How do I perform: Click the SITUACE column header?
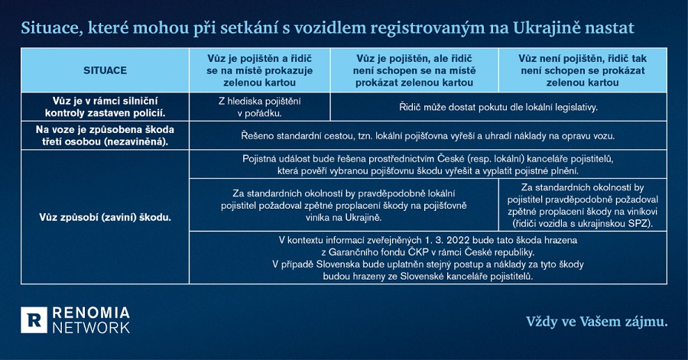click(x=105, y=70)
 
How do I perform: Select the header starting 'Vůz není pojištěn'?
click(x=583, y=70)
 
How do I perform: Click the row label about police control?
click(x=105, y=107)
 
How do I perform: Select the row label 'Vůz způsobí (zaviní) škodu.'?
click(x=105, y=217)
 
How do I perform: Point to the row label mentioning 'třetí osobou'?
click(x=105, y=136)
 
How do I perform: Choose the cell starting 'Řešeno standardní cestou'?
click(x=427, y=136)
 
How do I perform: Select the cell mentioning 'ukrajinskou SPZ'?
click(x=583, y=205)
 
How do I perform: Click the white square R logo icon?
click(x=33, y=319)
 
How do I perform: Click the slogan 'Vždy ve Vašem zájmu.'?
click(x=596, y=322)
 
